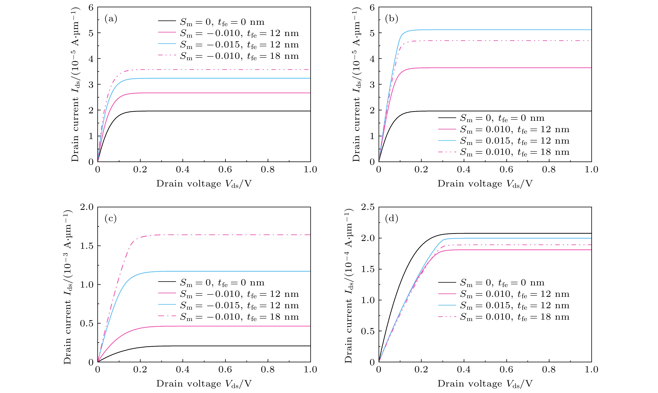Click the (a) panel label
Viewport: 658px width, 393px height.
point(111,19)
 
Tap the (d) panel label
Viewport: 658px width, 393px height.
point(392,219)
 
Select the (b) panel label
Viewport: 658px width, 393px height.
point(392,19)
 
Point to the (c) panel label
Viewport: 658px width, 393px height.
point(111,219)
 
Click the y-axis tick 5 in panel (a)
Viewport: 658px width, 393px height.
point(91,33)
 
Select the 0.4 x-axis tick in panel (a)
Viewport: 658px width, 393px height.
point(183,170)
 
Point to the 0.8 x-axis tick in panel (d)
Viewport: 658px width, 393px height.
point(549,370)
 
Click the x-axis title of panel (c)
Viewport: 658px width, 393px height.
point(204,384)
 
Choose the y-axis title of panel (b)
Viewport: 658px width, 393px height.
point(357,84)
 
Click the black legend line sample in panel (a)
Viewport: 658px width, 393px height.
point(167,21)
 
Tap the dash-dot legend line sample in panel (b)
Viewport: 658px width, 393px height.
point(447,152)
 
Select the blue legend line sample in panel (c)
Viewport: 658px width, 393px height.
point(167,304)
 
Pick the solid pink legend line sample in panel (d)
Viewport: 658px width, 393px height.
point(447,294)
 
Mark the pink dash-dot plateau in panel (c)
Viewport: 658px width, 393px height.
point(212,235)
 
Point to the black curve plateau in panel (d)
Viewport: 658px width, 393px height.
point(503,233)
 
